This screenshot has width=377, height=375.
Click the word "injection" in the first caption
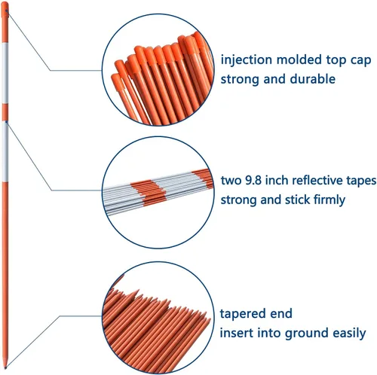click(x=247, y=60)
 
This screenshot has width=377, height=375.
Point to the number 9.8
click(x=253, y=180)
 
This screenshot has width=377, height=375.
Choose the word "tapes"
click(x=361, y=181)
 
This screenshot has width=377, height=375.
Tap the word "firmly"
click(x=329, y=200)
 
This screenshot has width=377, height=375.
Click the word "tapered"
click(x=238, y=314)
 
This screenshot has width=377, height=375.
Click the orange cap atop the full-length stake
click(x=5, y=10)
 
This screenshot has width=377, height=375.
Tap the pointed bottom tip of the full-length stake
click(x=5, y=367)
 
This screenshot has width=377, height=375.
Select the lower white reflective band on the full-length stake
click(x=5, y=151)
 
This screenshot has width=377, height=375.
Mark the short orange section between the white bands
click(x=5, y=112)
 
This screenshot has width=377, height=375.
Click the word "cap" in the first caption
click(x=360, y=61)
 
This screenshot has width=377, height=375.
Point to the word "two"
click(x=231, y=180)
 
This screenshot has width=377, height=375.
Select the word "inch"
click(x=277, y=180)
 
